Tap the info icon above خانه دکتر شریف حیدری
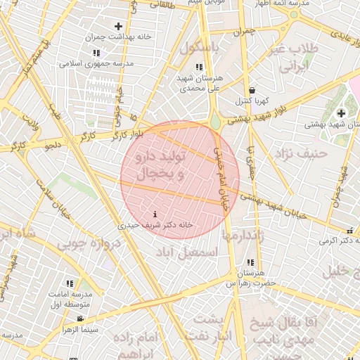tap(155, 214)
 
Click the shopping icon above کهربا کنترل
tap(252, 91)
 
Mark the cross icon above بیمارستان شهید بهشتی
tap(342, 112)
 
